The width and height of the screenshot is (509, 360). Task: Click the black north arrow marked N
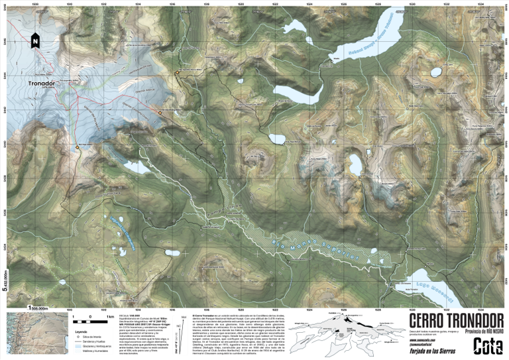[33, 42]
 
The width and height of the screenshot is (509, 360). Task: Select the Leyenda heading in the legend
[82, 331]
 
